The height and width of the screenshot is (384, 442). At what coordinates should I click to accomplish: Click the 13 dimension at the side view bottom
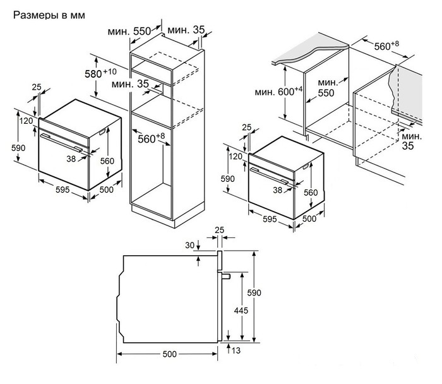tap(236, 349)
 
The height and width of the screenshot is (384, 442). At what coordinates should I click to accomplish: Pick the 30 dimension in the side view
tap(189, 245)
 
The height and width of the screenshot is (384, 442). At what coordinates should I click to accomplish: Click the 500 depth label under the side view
tap(169, 354)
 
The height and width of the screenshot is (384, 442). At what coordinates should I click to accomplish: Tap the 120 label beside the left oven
tap(26, 120)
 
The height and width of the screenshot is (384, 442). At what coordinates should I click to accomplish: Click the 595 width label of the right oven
tap(269, 219)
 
